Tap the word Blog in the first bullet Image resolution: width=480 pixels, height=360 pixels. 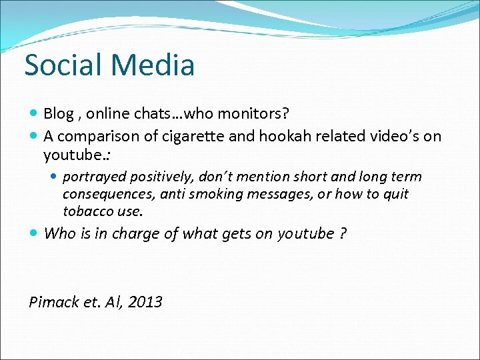coord(59,113)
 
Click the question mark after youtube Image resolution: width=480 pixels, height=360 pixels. coord(343,233)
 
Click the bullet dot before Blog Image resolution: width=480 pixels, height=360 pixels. coord(35,114)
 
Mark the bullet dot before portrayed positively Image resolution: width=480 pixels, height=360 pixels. coord(55,177)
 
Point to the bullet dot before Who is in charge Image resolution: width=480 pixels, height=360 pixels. coord(35,234)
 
